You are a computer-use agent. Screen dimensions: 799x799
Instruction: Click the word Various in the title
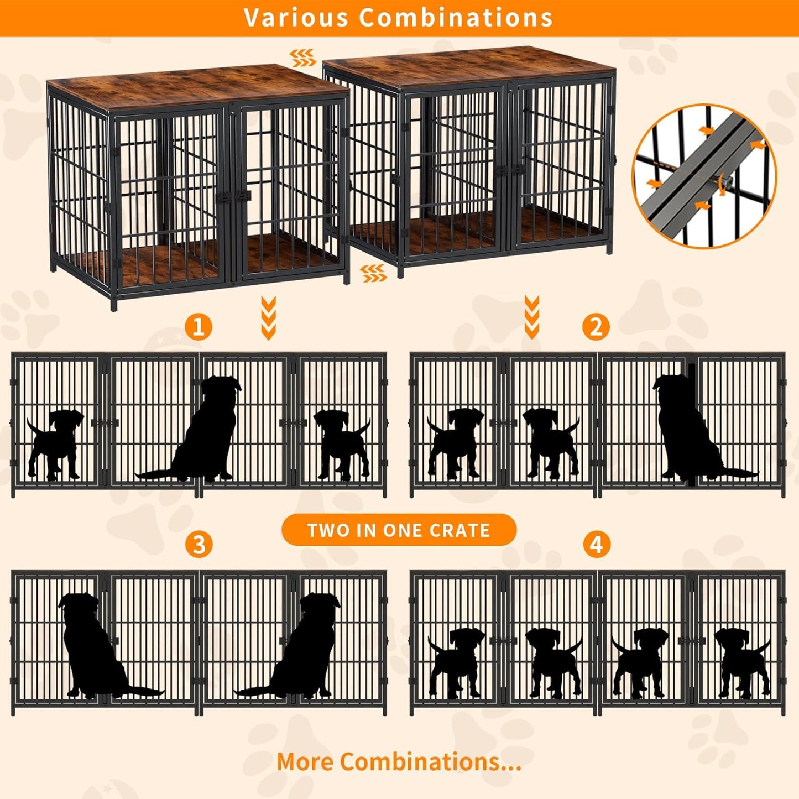click(x=296, y=18)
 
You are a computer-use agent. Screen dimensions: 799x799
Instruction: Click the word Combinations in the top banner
click(x=456, y=18)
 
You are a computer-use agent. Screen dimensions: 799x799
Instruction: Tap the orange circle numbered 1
click(x=199, y=326)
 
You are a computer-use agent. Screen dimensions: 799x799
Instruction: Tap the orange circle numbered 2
click(x=596, y=326)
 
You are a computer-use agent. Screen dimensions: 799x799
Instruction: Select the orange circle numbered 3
click(x=199, y=544)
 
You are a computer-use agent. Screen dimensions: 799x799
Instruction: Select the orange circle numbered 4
click(x=596, y=544)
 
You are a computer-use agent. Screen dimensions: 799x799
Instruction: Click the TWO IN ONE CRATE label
click(x=399, y=530)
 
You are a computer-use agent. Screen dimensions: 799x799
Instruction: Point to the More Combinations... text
click(x=399, y=761)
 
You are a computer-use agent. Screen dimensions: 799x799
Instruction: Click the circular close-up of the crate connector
click(x=704, y=176)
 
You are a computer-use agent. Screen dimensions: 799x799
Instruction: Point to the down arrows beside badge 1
click(x=269, y=317)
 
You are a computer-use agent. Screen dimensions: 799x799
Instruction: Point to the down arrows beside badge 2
click(x=532, y=317)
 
